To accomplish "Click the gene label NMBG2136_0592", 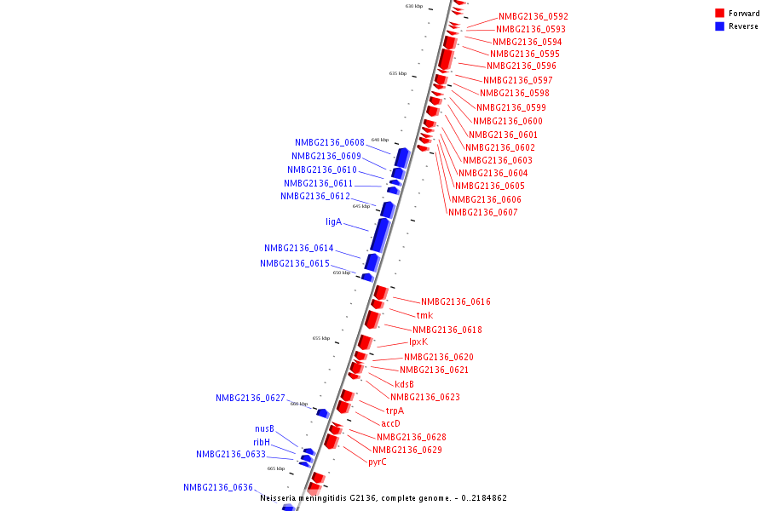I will point(533,16).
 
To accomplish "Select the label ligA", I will point(333,221).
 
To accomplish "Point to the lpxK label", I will point(418,342).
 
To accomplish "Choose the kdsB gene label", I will point(404,384).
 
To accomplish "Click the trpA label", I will point(395,411).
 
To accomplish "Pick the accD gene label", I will point(390,423).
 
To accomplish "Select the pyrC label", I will point(378,462).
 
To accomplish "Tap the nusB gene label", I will point(264,428).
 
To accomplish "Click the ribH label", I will point(262,442).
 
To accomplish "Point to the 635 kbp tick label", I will point(398,73).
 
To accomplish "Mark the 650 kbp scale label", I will point(342,273).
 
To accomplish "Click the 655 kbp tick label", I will point(321,338).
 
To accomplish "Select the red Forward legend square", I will point(719,13).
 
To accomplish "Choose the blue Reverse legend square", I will point(719,26).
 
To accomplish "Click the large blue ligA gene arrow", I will point(380,235).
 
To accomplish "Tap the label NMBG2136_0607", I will point(482,212).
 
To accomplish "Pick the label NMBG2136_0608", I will point(330,142).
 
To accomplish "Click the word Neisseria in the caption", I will point(280,497).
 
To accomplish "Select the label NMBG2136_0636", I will point(218,487).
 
